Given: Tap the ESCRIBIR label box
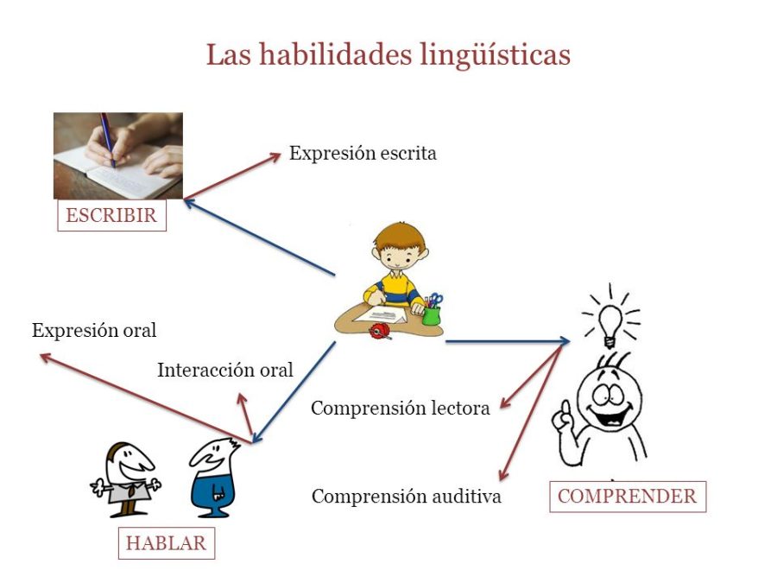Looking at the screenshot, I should coord(111,215).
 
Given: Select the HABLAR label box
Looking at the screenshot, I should coord(166,543).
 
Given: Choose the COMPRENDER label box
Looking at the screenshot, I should coord(627,497).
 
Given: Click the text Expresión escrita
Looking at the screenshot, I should coord(363,154).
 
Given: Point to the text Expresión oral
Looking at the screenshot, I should coord(94,331).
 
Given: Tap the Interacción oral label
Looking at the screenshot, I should coord(225,371).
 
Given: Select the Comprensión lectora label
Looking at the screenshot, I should coord(401,408).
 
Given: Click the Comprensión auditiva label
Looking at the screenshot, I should coord(406,497).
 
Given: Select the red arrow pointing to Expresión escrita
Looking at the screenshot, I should coord(233,176).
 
